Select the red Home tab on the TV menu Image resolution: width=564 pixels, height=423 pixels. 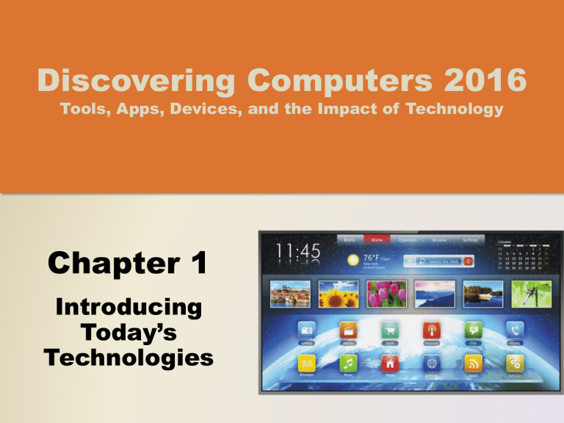(x=377, y=239)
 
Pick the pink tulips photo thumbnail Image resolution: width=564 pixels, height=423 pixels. (x=385, y=294)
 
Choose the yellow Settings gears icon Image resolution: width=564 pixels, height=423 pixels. (x=515, y=363)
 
